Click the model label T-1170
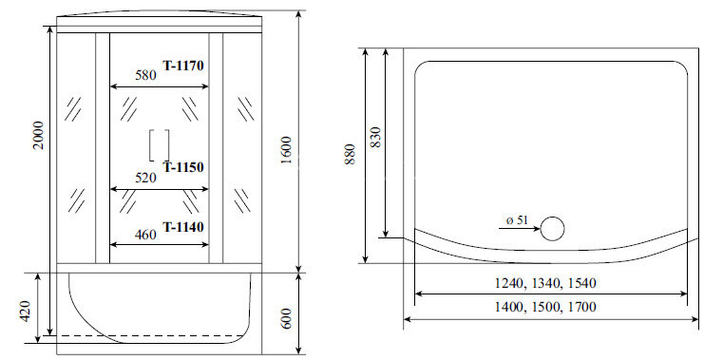click(184, 66)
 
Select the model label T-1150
click(184, 167)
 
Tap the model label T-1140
click(184, 227)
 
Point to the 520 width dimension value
click(146, 178)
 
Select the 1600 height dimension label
click(286, 148)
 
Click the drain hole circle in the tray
click(552, 227)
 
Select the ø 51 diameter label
click(517, 220)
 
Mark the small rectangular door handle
click(159, 145)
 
